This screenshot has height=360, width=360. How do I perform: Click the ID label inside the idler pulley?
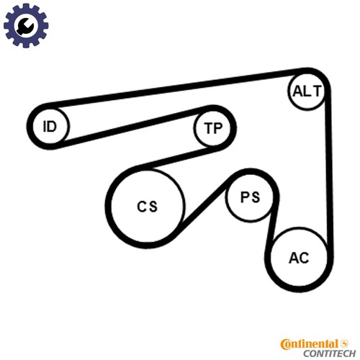tap(50, 127)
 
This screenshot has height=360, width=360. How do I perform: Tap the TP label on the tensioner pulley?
tap(213, 128)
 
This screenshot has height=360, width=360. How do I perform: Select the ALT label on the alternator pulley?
tap(307, 91)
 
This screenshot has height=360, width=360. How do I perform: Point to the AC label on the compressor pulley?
tap(299, 258)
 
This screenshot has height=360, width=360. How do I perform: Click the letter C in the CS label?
tap(141, 207)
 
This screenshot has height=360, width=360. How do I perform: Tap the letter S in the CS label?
tap(153, 207)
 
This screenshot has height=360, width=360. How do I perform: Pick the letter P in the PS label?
tap(245, 197)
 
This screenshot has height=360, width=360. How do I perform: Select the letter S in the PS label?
tap(256, 197)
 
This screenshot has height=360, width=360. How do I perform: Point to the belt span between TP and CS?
tap(178, 158)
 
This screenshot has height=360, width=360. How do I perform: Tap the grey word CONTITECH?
tap(330, 354)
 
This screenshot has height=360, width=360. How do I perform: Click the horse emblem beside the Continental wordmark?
tap(345, 343)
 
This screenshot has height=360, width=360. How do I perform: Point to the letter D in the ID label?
tap(52, 127)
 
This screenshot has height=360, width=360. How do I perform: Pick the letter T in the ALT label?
tap(317, 91)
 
